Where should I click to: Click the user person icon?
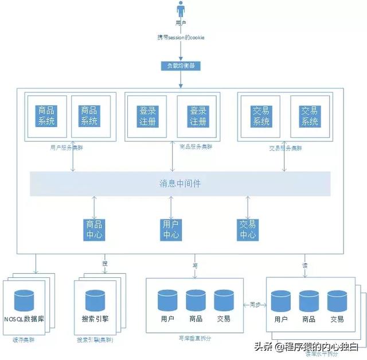pos(181,10)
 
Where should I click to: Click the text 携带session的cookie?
pos(181,37)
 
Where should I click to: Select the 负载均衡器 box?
pos(181,65)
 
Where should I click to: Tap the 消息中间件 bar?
pos(180,184)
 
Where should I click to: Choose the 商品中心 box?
pos(94,229)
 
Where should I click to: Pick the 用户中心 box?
pos(171,229)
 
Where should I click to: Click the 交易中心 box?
pos(248,229)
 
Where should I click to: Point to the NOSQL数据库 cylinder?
pos(24,301)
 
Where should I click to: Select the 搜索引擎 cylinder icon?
pos(96,301)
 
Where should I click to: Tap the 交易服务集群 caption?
pos(285,148)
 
